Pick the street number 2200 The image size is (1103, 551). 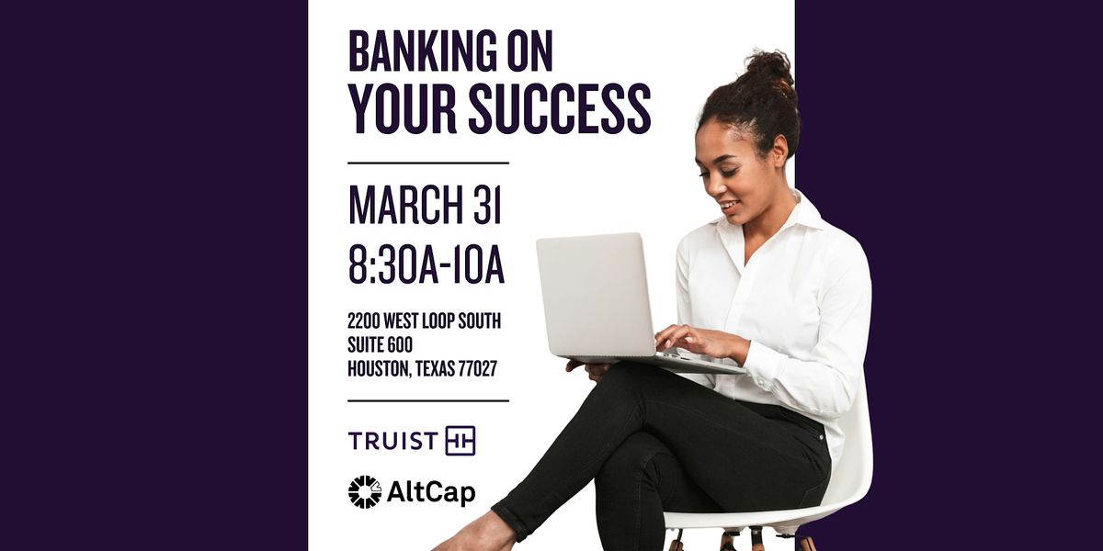pos(364,320)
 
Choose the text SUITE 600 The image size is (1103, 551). pos(381,345)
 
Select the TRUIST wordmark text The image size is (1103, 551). pos(393,441)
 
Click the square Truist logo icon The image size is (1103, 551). pos(461,441)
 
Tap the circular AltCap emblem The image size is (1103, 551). pos(365,491)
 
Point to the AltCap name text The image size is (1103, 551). pos(431,492)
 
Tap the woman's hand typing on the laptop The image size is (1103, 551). pos(689,340)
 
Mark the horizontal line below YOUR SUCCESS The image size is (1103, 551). pos(428,163)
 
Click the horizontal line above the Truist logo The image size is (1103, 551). pos(428,401)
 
